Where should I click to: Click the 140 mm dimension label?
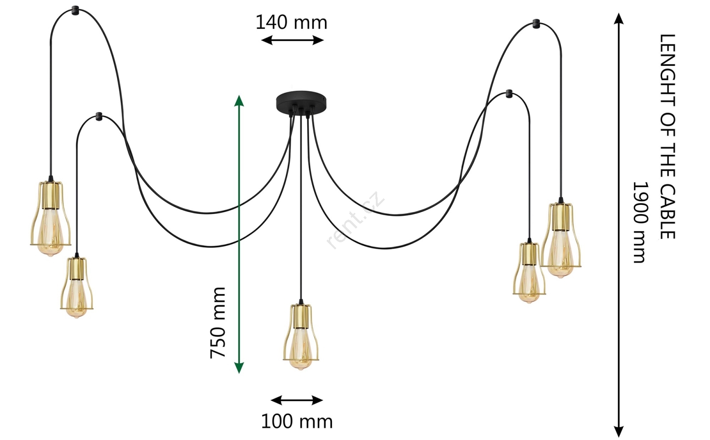291,22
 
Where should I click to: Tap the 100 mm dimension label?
296,421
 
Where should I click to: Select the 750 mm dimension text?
218,322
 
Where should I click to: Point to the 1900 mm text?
640,222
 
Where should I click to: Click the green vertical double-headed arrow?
239,234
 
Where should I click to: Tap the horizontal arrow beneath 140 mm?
292,40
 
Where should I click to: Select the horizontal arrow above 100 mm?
296,400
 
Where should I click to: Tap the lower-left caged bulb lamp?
77,287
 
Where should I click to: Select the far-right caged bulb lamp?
560,240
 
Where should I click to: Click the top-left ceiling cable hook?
75,8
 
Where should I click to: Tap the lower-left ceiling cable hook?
99,116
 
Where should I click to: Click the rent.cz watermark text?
355,220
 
